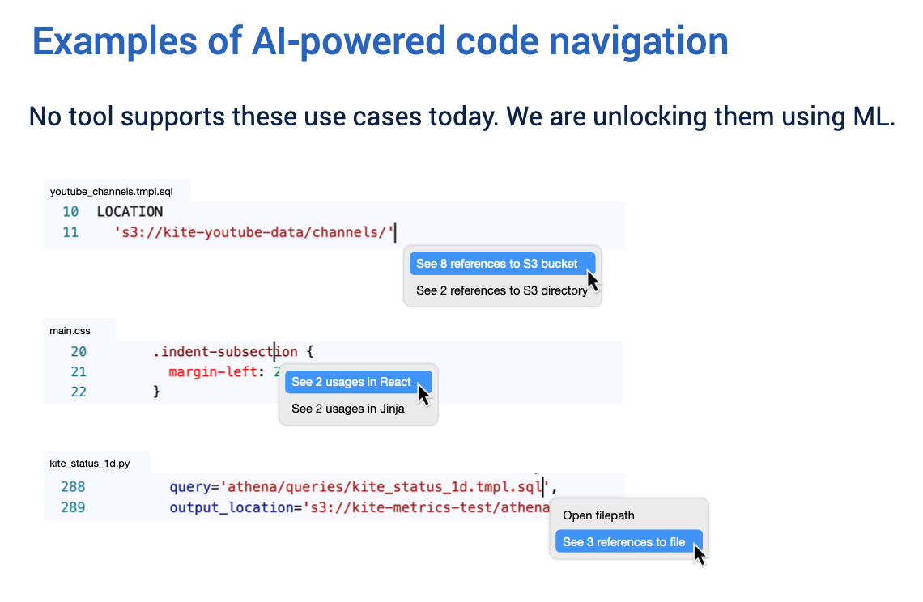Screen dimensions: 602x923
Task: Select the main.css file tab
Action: click(x=72, y=330)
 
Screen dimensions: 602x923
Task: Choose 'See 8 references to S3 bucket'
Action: click(x=496, y=264)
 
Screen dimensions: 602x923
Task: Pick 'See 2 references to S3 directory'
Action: click(x=501, y=290)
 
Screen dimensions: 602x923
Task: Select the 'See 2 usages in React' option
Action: click(x=351, y=382)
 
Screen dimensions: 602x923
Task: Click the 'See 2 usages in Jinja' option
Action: click(x=347, y=409)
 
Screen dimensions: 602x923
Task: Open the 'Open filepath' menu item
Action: click(x=598, y=515)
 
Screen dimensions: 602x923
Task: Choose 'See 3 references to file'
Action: click(x=623, y=542)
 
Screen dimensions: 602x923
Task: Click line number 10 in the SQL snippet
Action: click(x=70, y=212)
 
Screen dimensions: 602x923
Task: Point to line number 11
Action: click(x=70, y=232)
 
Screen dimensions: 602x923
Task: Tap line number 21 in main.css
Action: click(x=78, y=371)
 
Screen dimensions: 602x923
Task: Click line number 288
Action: click(x=72, y=487)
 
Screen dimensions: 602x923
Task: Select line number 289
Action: click(x=72, y=507)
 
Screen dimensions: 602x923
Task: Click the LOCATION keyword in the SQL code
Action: click(x=130, y=212)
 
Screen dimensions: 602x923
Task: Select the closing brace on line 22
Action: click(x=157, y=392)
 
